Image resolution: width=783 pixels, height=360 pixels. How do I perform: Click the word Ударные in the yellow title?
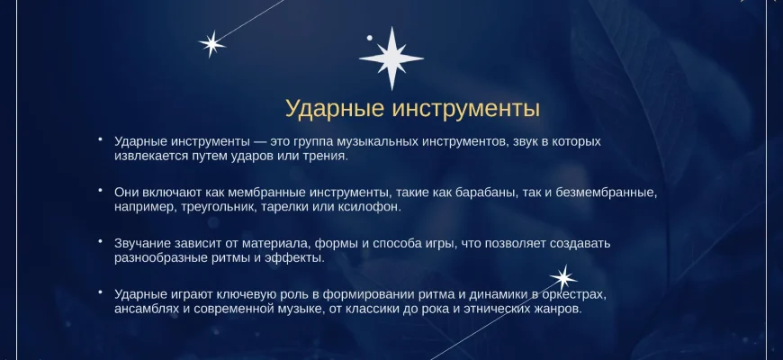pyautogui.click(x=334, y=109)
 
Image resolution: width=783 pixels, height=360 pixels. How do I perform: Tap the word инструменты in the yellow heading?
pyautogui.click(x=466, y=109)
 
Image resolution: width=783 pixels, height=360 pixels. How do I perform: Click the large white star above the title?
pyautogui.click(x=391, y=58)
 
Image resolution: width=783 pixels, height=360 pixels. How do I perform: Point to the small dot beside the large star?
pyautogui.click(x=370, y=38)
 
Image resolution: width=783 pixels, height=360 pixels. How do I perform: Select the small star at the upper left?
pyautogui.click(x=211, y=44)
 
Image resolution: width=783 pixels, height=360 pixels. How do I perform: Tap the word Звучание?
pyautogui.click(x=143, y=244)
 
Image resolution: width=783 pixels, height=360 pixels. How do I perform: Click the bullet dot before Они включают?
pyautogui.click(x=101, y=190)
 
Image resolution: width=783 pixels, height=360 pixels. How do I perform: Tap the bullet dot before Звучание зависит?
pyautogui.click(x=101, y=241)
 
